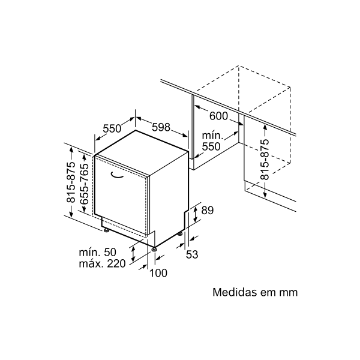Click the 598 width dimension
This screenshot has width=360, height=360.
point(161,127)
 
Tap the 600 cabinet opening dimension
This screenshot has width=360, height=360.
point(218,116)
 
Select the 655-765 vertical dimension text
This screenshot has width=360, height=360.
point(84,184)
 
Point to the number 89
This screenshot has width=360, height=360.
point(208,211)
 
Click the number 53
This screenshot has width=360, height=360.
point(192,254)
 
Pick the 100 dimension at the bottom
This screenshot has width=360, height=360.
point(158,273)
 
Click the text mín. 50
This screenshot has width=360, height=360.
point(98,253)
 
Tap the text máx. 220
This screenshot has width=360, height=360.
point(102,263)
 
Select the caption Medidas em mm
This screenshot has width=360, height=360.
point(255,292)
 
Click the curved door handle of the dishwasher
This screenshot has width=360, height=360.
point(116,175)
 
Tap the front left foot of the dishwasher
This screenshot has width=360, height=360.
point(106,230)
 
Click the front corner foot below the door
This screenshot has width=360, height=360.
point(154,248)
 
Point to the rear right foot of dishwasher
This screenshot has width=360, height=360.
point(181,234)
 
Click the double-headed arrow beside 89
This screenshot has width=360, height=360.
point(195,214)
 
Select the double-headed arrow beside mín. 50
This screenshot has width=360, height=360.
point(133,253)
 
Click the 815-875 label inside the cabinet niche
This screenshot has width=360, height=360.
point(265,160)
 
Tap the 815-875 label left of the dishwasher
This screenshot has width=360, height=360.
point(71,182)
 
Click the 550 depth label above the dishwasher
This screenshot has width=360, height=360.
point(112,128)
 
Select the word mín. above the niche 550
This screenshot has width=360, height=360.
point(212,136)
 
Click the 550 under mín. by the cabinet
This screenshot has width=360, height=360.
point(211,146)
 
